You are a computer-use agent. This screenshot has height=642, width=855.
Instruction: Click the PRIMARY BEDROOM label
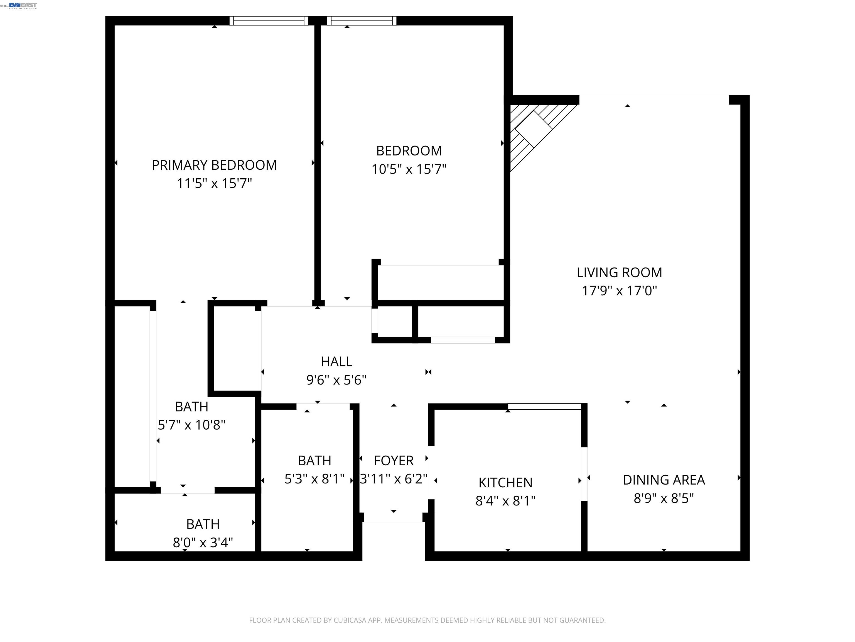tap(214, 165)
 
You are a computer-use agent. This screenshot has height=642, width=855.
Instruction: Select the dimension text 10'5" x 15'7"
tap(409, 169)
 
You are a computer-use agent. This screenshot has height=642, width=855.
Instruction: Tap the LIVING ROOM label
tap(619, 273)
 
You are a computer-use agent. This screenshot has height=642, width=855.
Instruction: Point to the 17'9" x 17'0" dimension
tap(619, 291)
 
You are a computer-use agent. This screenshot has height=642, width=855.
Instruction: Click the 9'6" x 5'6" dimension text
tap(336, 380)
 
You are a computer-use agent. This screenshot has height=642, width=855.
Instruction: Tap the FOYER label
tap(394, 461)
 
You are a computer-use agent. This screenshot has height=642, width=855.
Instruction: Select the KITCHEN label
tap(505, 483)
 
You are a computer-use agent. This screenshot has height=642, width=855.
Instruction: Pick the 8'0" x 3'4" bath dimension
tap(203, 543)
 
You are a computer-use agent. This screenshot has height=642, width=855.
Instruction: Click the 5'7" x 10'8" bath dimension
tap(191, 425)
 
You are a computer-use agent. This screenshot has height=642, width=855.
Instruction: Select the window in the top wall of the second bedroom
tap(362, 21)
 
